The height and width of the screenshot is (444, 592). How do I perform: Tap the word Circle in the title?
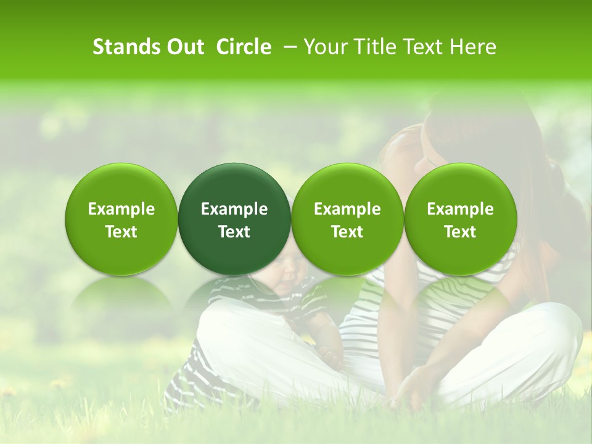pyautogui.click(x=244, y=47)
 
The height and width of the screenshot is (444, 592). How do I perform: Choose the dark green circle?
pyautogui.click(x=234, y=219)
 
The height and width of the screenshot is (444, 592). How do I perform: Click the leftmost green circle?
pyautogui.click(x=121, y=219)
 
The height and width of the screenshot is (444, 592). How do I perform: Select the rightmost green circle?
pyautogui.click(x=461, y=219)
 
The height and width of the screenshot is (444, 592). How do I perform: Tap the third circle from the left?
pyautogui.click(x=347, y=219)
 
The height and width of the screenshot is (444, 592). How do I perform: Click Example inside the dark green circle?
pyautogui.click(x=234, y=209)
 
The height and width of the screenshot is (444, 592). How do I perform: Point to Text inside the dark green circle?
pyautogui.click(x=234, y=232)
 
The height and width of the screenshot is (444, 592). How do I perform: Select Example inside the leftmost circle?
pyautogui.click(x=121, y=209)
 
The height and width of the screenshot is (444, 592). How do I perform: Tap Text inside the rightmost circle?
pyautogui.click(x=461, y=232)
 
